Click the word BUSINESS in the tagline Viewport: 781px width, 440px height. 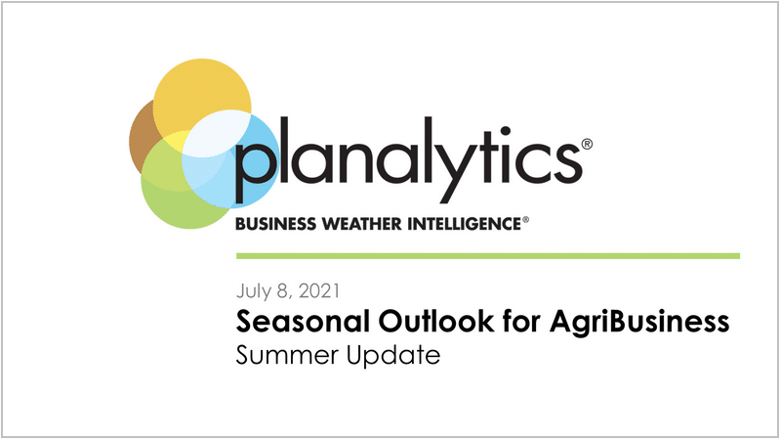pyautogui.click(x=275, y=224)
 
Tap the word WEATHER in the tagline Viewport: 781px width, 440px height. pyautogui.click(x=362, y=224)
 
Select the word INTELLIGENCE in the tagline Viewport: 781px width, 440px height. pyautogui.click(x=465, y=224)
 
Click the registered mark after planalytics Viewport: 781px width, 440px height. pyautogui.click(x=587, y=144)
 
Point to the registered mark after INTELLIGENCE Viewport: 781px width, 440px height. pyautogui.click(x=525, y=219)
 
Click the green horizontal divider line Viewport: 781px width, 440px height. pyautogui.click(x=488, y=256)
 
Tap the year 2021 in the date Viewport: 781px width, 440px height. pyautogui.click(x=319, y=290)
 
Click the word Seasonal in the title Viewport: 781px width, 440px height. pyautogui.click(x=303, y=322)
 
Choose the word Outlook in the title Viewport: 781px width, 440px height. pyautogui.click(x=435, y=322)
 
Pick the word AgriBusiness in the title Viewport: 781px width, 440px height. pyautogui.click(x=640, y=323)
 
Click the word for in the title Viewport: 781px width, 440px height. pyautogui.click(x=521, y=322)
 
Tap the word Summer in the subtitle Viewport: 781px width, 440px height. pyautogui.click(x=287, y=356)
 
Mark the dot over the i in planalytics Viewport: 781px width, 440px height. pyautogui.click(x=506, y=132)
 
